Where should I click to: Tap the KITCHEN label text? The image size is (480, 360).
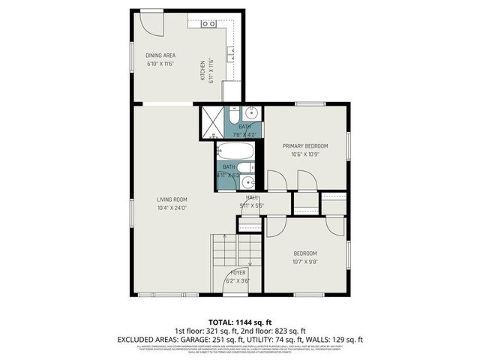202,70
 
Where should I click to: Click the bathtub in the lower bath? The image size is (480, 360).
238,153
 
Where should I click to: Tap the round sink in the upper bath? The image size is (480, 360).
251,114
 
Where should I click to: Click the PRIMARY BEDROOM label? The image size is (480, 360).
304,145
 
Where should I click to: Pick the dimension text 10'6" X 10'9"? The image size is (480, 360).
304,154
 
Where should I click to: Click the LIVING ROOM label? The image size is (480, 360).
171,199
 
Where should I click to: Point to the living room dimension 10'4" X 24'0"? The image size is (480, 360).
171,208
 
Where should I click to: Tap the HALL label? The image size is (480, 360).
252,196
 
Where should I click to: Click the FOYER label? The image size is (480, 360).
238,272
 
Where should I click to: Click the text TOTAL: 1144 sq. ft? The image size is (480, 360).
239,321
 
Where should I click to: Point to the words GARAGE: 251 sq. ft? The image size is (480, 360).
214,340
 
